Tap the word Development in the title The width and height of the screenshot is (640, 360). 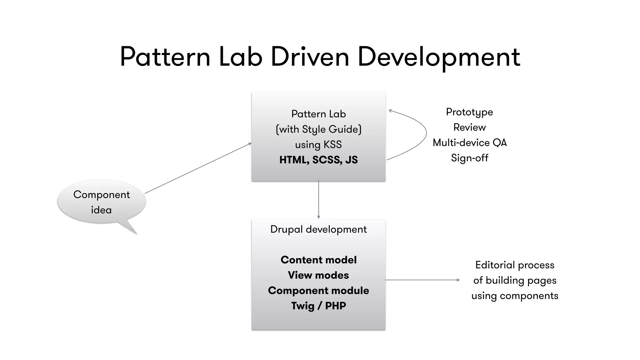(x=438, y=57)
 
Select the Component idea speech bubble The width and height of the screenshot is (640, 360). (x=102, y=202)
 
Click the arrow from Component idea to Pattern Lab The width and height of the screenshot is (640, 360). (x=198, y=168)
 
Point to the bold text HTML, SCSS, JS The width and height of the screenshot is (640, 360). (x=318, y=160)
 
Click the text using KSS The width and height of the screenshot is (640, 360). (x=318, y=145)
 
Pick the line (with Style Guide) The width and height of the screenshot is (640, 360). (x=318, y=129)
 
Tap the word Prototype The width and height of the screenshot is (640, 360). (x=469, y=112)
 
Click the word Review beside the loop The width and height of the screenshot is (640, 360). (x=469, y=127)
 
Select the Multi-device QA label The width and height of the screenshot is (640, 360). (x=469, y=142)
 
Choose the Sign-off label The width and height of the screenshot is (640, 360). (x=469, y=158)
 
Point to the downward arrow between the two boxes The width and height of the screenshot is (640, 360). (x=318, y=200)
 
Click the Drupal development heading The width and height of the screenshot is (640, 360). (x=318, y=229)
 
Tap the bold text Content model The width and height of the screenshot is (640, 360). (x=318, y=260)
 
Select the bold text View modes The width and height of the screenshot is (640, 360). (x=318, y=275)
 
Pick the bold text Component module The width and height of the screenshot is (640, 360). (x=318, y=290)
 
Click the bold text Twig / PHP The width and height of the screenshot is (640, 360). (x=318, y=306)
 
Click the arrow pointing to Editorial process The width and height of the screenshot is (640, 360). (x=422, y=280)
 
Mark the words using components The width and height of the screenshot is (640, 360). (x=515, y=296)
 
